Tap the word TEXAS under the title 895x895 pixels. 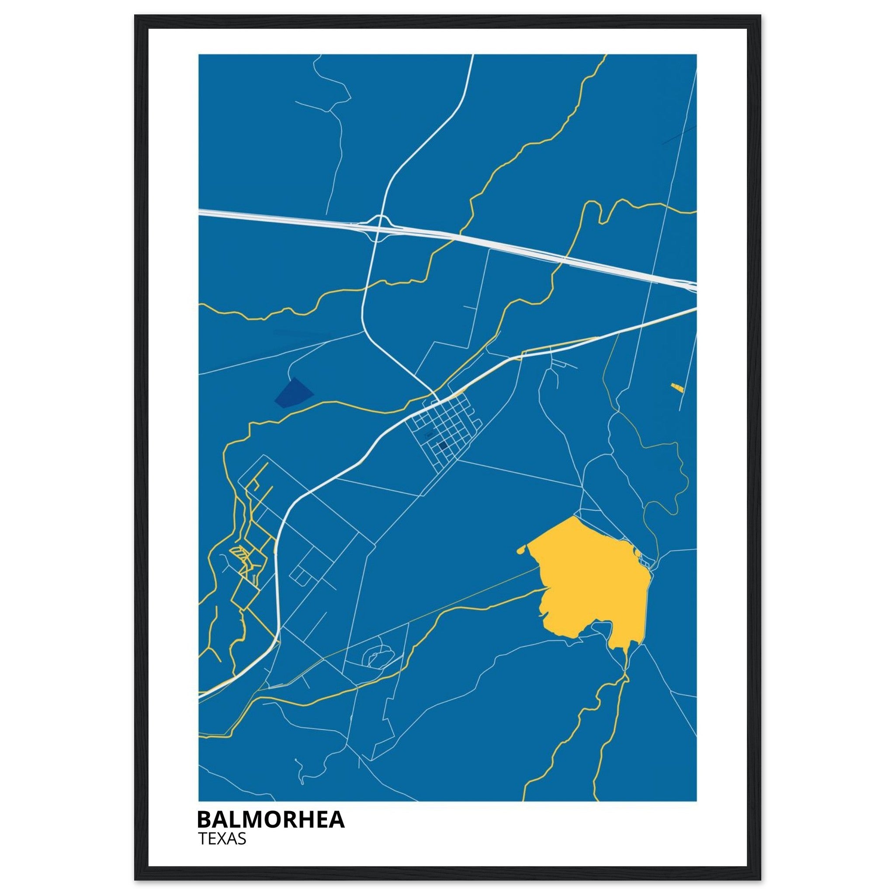coord(222,839)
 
